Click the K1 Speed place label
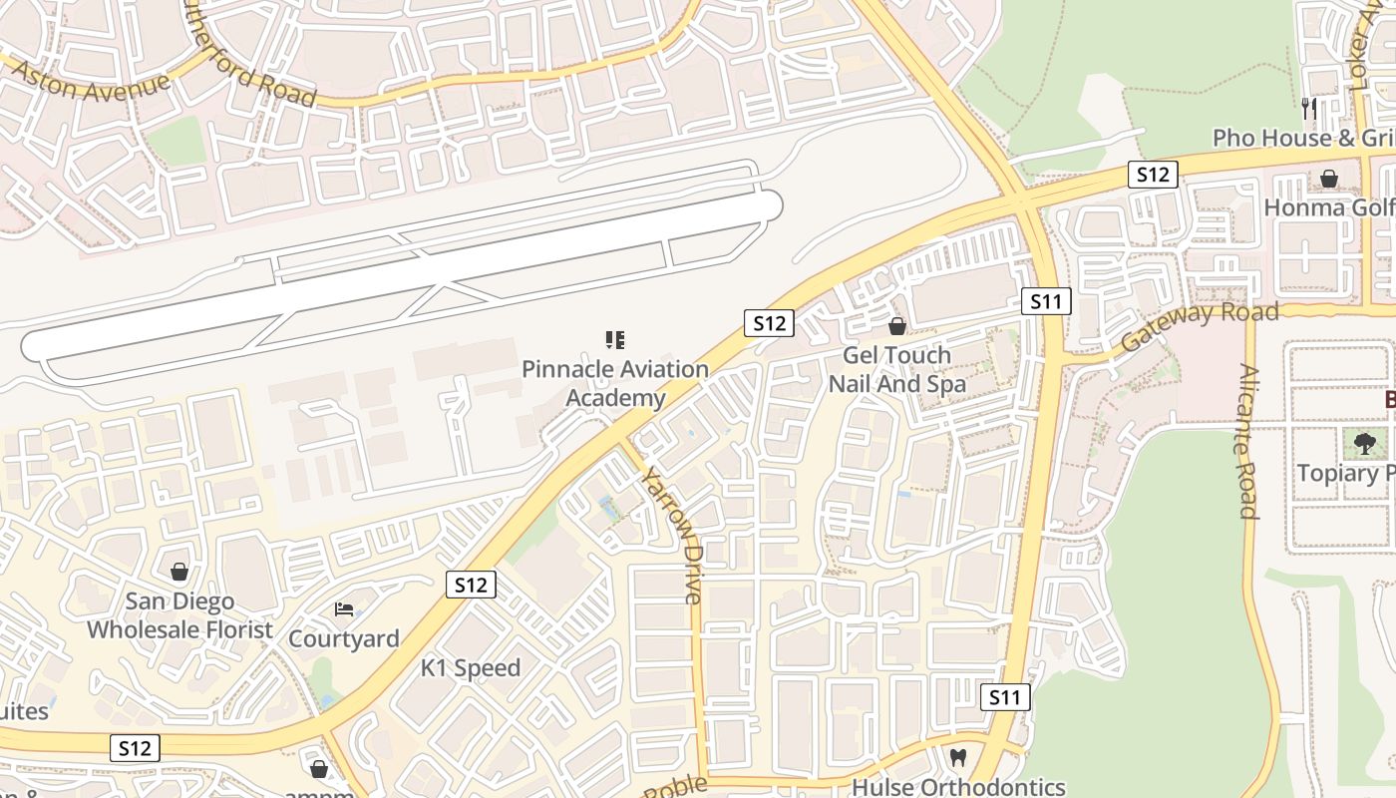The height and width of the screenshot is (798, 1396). click(471, 668)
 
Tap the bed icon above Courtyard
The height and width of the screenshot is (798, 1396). click(344, 608)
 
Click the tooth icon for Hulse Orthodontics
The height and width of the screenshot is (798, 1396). click(958, 757)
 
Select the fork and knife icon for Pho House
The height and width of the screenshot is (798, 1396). click(1309, 108)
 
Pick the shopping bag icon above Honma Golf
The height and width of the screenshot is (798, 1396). click(1329, 179)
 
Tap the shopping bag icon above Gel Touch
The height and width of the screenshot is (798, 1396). click(897, 326)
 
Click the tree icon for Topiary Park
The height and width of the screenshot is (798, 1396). click(1364, 443)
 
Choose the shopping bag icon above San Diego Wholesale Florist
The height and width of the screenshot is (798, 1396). click(179, 572)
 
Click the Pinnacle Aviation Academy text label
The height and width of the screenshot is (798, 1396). click(616, 384)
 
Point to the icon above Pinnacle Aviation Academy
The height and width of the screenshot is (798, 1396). click(615, 340)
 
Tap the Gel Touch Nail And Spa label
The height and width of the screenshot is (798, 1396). click(897, 369)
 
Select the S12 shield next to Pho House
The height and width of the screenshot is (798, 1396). click(1153, 175)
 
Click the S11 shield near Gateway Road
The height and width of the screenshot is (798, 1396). click(1046, 301)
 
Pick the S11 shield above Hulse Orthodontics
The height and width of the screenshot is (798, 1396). click(1004, 697)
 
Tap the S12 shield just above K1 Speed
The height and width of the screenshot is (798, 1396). click(470, 585)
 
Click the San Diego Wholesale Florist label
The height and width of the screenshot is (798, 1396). click(179, 615)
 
